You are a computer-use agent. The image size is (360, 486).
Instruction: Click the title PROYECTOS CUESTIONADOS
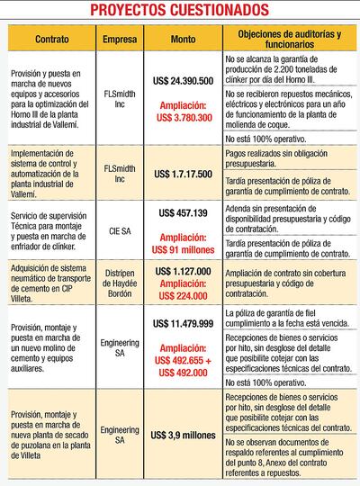point(180,10)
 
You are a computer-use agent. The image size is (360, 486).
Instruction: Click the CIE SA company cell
point(121,230)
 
